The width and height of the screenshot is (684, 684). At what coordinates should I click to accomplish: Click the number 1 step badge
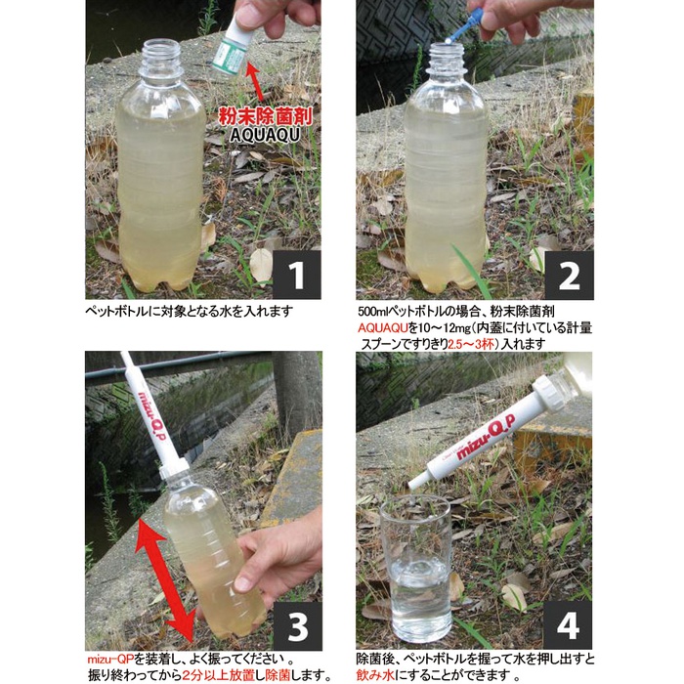(x=297, y=275)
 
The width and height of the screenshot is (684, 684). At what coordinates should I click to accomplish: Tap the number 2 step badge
(x=569, y=275)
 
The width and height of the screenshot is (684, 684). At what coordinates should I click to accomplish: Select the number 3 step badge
(x=297, y=626)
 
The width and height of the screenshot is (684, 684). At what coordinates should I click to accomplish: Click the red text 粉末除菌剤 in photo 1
(x=266, y=117)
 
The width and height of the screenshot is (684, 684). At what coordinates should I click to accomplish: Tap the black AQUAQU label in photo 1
(x=265, y=135)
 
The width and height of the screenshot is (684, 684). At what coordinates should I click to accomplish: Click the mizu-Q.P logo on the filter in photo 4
(x=485, y=437)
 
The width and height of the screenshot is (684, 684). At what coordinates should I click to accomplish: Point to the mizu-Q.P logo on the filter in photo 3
(x=150, y=415)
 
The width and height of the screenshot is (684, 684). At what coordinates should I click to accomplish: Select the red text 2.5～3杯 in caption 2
(x=473, y=344)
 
